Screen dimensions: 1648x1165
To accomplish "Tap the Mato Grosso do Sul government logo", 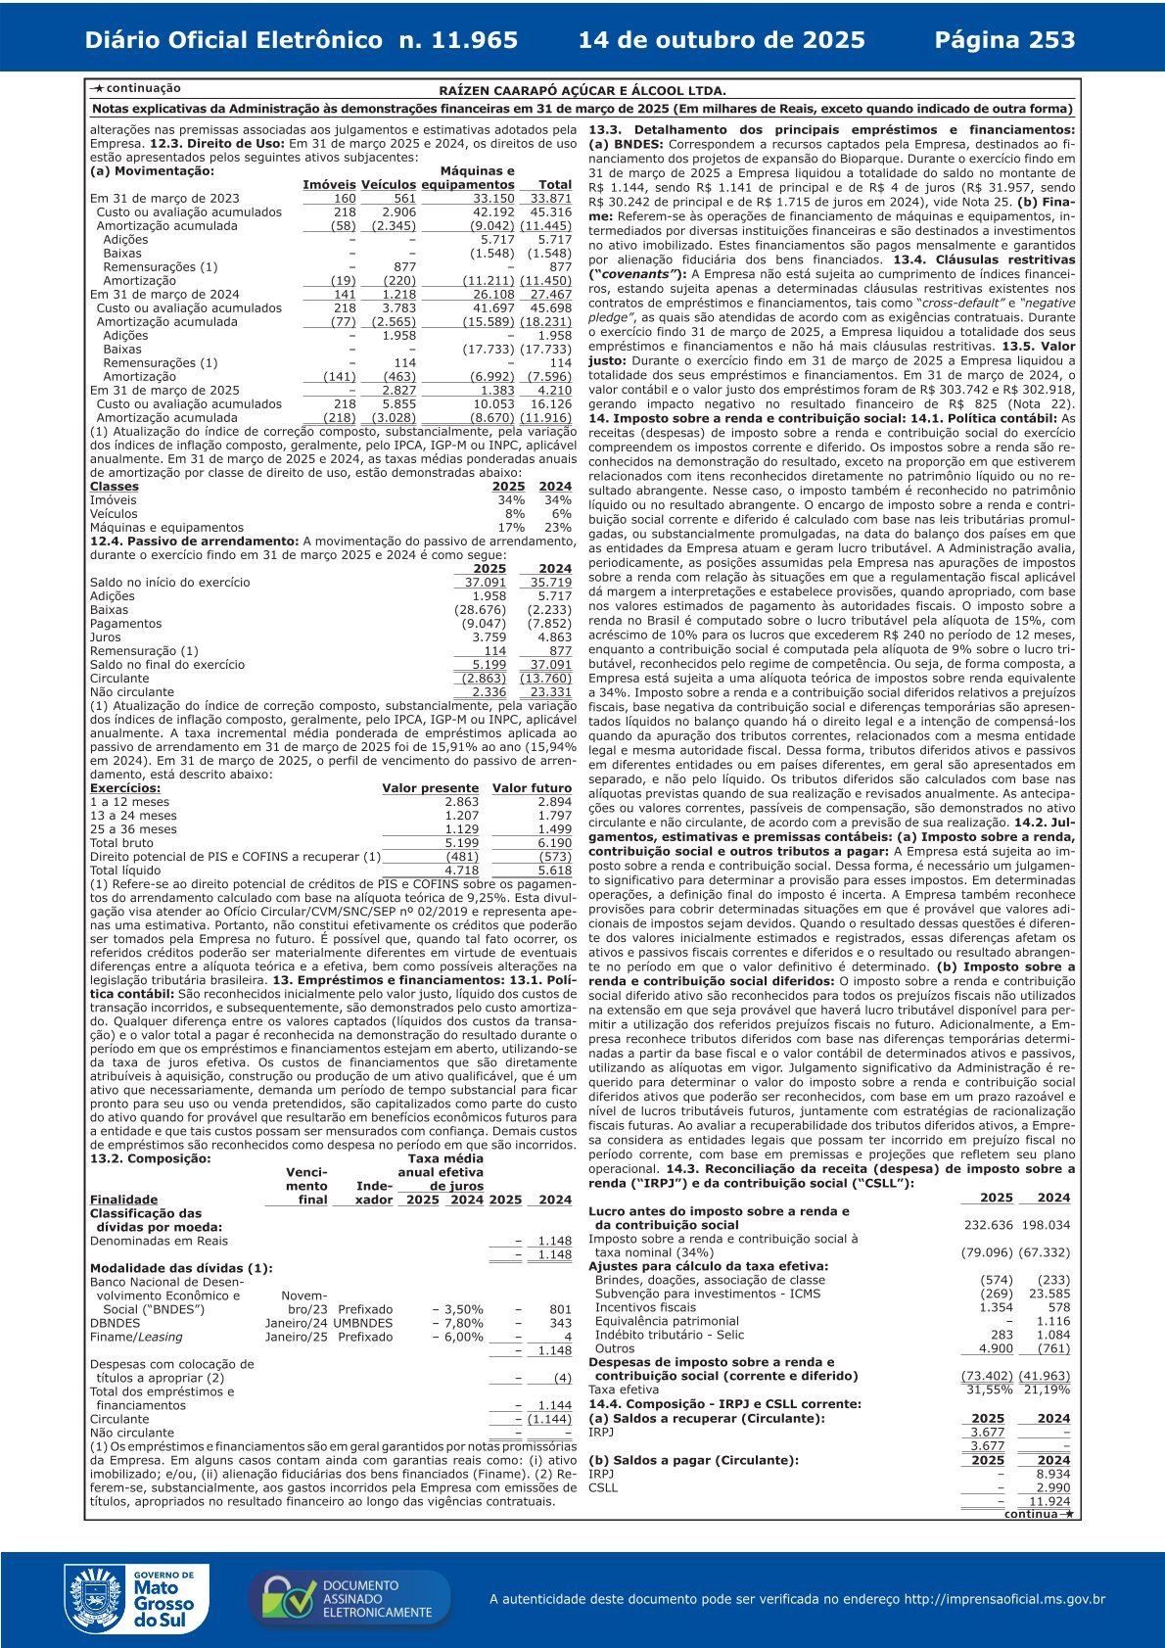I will [136, 1599].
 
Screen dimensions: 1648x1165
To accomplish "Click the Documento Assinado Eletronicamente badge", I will [349, 1599].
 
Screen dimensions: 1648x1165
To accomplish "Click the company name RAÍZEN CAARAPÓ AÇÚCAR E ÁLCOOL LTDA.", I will [582, 90].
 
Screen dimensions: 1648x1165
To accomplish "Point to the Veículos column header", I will [389, 185].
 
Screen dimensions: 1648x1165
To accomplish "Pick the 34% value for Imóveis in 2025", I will [511, 500].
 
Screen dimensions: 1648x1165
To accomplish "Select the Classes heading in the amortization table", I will [115, 487].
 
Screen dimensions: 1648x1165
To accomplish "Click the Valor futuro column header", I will [532, 788].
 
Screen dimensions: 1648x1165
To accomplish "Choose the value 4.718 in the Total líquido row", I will [462, 871].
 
